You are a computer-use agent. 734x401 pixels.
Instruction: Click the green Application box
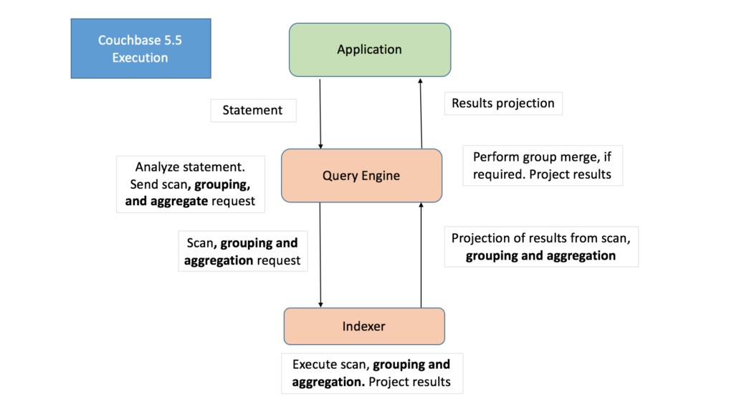[x=369, y=49]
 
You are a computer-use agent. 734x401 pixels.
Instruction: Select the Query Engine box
[x=361, y=176]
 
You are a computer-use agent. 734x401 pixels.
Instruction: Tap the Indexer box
[x=364, y=326]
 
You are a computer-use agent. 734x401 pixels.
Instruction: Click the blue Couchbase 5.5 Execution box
[x=140, y=49]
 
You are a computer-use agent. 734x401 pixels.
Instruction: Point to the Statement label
[x=252, y=110]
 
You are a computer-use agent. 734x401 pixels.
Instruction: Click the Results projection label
[x=503, y=103]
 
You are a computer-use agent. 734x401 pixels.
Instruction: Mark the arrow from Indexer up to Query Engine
[x=421, y=255]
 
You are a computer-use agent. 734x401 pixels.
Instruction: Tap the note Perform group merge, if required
[x=543, y=165]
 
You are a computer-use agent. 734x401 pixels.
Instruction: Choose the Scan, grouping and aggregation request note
[x=242, y=251]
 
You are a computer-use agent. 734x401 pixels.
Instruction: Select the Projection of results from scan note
[x=540, y=247]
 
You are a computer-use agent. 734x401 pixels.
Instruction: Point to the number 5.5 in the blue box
[x=171, y=40]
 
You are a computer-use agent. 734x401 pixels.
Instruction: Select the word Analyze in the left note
[x=159, y=167]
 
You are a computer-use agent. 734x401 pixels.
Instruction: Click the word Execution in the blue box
[x=140, y=57]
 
